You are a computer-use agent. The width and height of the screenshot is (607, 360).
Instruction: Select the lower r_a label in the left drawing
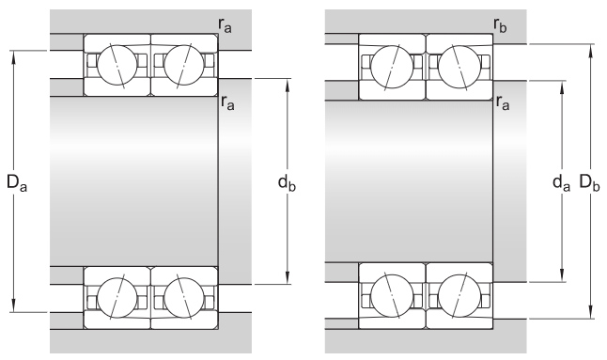[226, 102]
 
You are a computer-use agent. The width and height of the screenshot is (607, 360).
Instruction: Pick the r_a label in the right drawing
[501, 104]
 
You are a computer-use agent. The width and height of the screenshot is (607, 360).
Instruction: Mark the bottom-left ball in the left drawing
[117, 298]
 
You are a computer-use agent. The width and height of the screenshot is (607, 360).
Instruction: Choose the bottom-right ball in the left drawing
[182, 298]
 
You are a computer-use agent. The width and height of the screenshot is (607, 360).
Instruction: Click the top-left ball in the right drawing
[392, 66]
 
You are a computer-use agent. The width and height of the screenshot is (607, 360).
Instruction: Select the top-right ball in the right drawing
[459, 66]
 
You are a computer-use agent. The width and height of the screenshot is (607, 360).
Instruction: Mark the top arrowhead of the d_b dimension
[287, 83]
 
